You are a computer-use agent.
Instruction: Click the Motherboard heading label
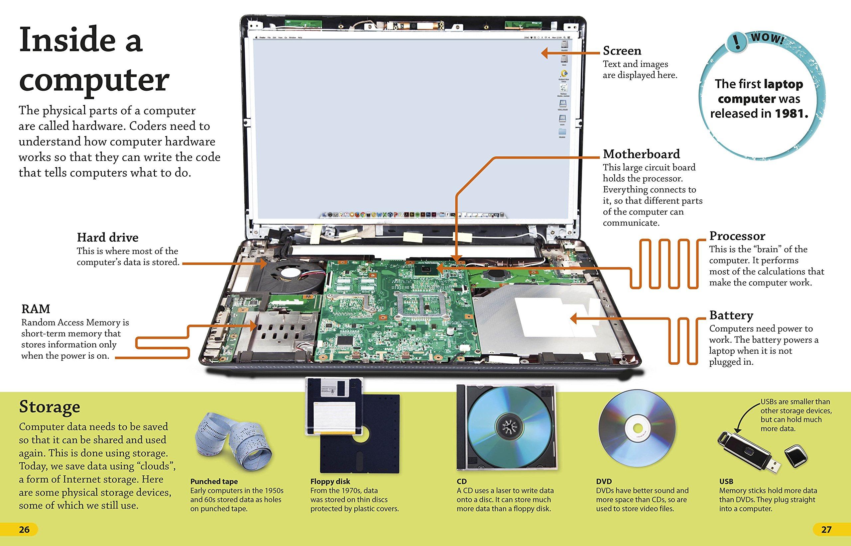click(641, 154)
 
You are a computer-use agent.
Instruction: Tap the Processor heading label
click(737, 236)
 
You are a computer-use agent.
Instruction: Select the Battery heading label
click(731, 315)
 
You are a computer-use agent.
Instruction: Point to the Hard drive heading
click(107, 237)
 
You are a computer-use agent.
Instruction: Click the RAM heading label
click(36, 309)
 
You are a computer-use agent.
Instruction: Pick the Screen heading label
click(622, 51)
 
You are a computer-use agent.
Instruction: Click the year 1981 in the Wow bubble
click(791, 114)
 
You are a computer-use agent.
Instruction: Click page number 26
click(24, 529)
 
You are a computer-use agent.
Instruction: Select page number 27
click(826, 529)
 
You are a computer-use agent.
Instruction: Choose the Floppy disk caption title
click(330, 482)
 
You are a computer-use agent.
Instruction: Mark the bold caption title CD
click(461, 482)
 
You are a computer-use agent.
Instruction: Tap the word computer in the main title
click(94, 80)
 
